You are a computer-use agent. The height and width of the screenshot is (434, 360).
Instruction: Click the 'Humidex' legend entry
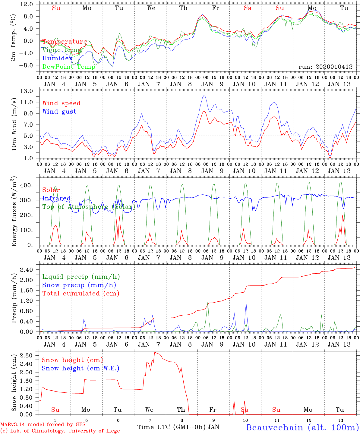tap(57, 58)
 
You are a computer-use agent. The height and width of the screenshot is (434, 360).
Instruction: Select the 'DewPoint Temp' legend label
tap(69, 67)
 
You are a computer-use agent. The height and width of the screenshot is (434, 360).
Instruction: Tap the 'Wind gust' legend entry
tap(59, 112)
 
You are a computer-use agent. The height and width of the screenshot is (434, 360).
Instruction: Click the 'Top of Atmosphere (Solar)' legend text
tap(89, 207)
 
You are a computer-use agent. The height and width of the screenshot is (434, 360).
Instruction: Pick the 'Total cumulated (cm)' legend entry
tap(81, 293)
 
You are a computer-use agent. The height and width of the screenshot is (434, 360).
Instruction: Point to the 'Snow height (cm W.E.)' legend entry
tap(81, 368)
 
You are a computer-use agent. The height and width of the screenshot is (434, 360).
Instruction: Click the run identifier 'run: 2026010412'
tap(325, 67)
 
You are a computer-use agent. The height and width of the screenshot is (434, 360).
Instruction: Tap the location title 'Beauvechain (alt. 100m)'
tap(302, 427)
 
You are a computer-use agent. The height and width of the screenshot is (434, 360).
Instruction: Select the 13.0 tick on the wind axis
tap(28, 91)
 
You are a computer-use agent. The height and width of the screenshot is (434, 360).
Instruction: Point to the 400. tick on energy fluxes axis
tap(27, 185)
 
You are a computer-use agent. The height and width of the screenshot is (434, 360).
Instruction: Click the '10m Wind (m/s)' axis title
tap(14, 124)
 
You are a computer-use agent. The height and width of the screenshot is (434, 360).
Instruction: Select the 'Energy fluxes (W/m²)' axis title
tap(14, 212)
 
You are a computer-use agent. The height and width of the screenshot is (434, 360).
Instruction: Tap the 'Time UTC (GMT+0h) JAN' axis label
tap(178, 427)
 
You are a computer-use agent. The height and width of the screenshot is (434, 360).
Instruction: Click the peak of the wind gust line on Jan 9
tap(204, 96)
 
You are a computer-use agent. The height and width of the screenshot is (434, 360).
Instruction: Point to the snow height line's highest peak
tap(155, 352)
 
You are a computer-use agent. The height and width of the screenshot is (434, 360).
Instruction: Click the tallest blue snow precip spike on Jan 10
tap(246, 302)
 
